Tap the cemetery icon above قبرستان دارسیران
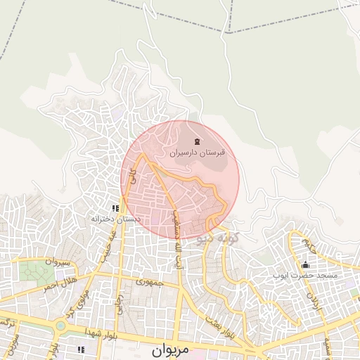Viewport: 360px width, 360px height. coord(196,143)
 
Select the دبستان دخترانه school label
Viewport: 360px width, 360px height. coord(115,219)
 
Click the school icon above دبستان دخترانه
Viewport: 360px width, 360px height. coord(115,209)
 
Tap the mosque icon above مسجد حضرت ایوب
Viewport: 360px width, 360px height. coord(304,265)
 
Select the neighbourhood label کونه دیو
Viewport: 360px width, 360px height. coord(219,238)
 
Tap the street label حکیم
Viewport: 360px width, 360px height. coord(310,246)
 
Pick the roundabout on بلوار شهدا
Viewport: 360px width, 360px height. coord(61,326)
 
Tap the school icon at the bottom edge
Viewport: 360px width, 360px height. coord(81,349)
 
